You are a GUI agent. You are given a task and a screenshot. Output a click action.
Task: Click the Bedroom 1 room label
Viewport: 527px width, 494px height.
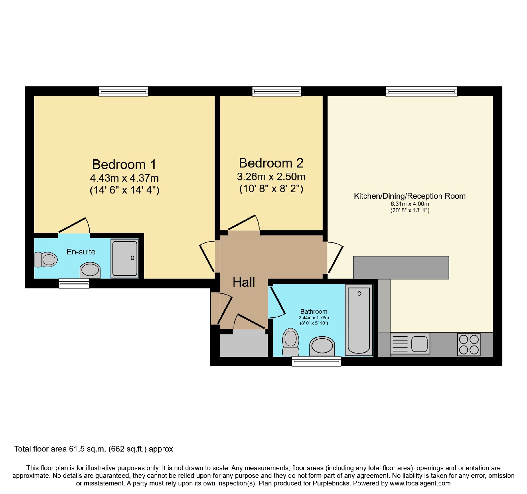(124, 164)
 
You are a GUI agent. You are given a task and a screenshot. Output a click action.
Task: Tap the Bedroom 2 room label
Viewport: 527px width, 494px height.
(271, 163)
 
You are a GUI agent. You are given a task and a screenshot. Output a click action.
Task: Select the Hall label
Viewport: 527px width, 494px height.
(244, 282)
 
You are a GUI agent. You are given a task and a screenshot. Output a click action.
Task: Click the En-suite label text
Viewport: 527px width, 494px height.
(81, 252)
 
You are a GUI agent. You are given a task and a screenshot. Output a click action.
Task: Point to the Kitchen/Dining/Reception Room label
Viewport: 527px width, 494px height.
(410, 196)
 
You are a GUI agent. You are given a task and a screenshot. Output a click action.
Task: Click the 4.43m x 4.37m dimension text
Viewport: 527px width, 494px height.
(125, 178)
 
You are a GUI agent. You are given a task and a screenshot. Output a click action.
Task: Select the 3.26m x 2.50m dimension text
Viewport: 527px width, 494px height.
(271, 177)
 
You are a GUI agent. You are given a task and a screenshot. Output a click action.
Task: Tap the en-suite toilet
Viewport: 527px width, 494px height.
(46, 260)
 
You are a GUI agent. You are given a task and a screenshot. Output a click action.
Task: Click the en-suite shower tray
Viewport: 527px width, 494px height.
(125, 258)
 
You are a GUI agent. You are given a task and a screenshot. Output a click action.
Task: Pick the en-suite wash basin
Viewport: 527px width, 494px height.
(90, 270)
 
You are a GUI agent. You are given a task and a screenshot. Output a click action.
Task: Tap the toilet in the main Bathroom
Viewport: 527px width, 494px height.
(291, 342)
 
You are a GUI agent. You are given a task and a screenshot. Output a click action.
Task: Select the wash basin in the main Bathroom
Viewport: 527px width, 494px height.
(322, 346)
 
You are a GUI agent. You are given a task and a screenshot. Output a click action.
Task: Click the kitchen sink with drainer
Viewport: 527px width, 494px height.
(410, 344)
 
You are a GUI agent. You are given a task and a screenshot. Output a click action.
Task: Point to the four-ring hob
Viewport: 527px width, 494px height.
(469, 345)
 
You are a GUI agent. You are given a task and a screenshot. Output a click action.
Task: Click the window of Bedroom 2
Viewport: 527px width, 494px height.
(277, 91)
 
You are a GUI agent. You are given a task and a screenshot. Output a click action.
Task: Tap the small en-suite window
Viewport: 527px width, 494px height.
(74, 283)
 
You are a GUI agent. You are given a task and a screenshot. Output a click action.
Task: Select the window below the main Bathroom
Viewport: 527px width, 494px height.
(317, 361)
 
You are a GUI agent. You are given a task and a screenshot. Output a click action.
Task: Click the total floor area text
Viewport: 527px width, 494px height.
(94, 449)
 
